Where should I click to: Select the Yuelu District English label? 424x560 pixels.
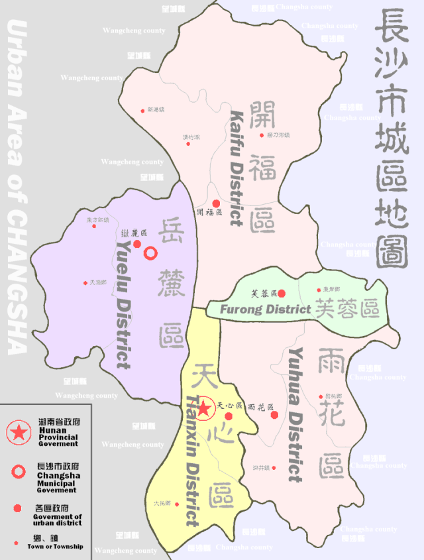click(123, 304)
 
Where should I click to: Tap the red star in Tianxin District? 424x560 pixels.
click(204, 408)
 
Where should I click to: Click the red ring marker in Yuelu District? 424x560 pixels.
click(151, 252)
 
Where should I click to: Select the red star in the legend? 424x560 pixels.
click(18, 432)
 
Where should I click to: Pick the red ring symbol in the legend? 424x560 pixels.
click(19, 471)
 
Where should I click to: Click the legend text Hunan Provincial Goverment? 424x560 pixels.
click(58, 437)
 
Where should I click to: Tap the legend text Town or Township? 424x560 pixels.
click(55, 546)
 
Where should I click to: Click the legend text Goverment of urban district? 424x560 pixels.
click(58, 520)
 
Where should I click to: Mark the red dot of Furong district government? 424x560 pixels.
click(282, 293)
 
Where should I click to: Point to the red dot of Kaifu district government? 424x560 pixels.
click(215, 203)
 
